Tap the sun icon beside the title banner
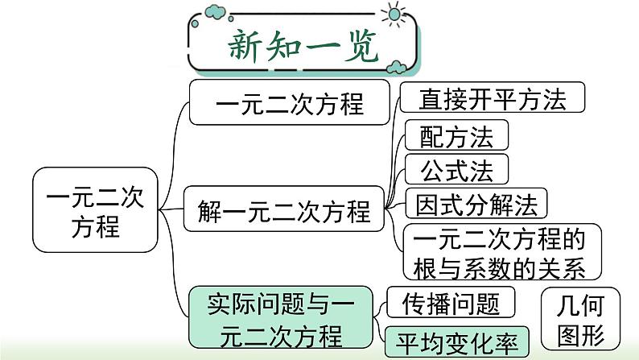click(x=394, y=14)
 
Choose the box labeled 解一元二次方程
click(x=283, y=212)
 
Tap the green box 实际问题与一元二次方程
click(x=279, y=317)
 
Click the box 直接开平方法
click(x=493, y=98)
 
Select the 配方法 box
click(x=456, y=136)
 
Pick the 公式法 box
click(x=456, y=169)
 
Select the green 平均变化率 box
click(x=457, y=341)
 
